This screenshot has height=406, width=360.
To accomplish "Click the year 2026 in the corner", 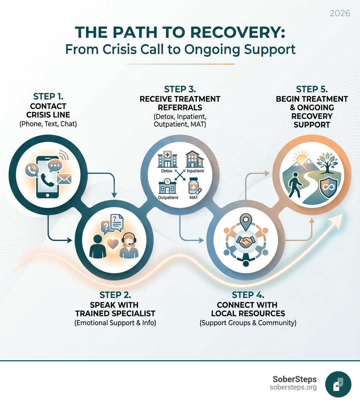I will pos(340,13).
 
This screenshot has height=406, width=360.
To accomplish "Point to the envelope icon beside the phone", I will pos(64,179).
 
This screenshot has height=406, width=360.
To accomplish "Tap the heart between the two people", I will pos(112,245).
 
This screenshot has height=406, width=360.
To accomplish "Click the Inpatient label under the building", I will pos(195,171).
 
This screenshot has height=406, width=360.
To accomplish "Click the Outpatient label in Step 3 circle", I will pos(168,197).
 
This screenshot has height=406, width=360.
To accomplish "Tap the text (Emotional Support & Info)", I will pos(115,323).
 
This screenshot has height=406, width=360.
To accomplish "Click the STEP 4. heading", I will pos(248,295).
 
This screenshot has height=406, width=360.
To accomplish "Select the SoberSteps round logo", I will pos(338,384).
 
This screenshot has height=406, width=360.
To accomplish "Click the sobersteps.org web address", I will pos(293,387).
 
